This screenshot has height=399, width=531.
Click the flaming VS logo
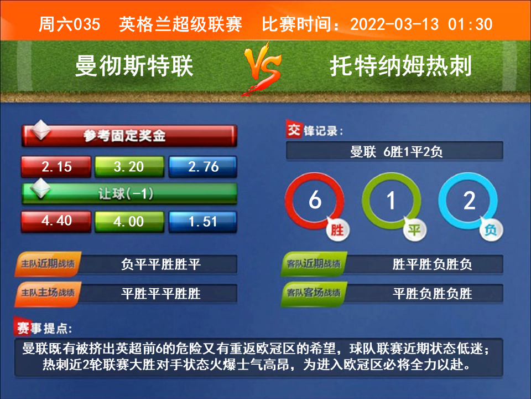click(263, 68)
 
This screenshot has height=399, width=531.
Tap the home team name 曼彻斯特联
click(134, 66)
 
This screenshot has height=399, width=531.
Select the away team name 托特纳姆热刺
click(400, 66)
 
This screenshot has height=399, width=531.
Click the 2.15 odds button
click(56, 167)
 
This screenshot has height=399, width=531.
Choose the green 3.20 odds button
click(129, 167)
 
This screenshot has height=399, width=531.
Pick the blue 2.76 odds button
click(203, 167)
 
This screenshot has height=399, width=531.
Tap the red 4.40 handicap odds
click(56, 222)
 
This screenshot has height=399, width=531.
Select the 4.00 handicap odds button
click(129, 222)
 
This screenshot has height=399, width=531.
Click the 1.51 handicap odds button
click(203, 222)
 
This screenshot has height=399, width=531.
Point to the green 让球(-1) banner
click(129, 194)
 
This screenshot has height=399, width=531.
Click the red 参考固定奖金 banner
click(129, 136)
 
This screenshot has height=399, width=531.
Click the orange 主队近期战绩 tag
click(48, 264)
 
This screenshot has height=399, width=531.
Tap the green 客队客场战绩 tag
click(314, 293)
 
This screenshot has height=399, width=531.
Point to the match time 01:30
click(470, 24)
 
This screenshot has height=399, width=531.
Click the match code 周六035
click(69, 24)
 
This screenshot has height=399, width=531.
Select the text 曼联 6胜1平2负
click(396, 151)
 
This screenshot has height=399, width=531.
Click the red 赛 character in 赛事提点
click(22, 327)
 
